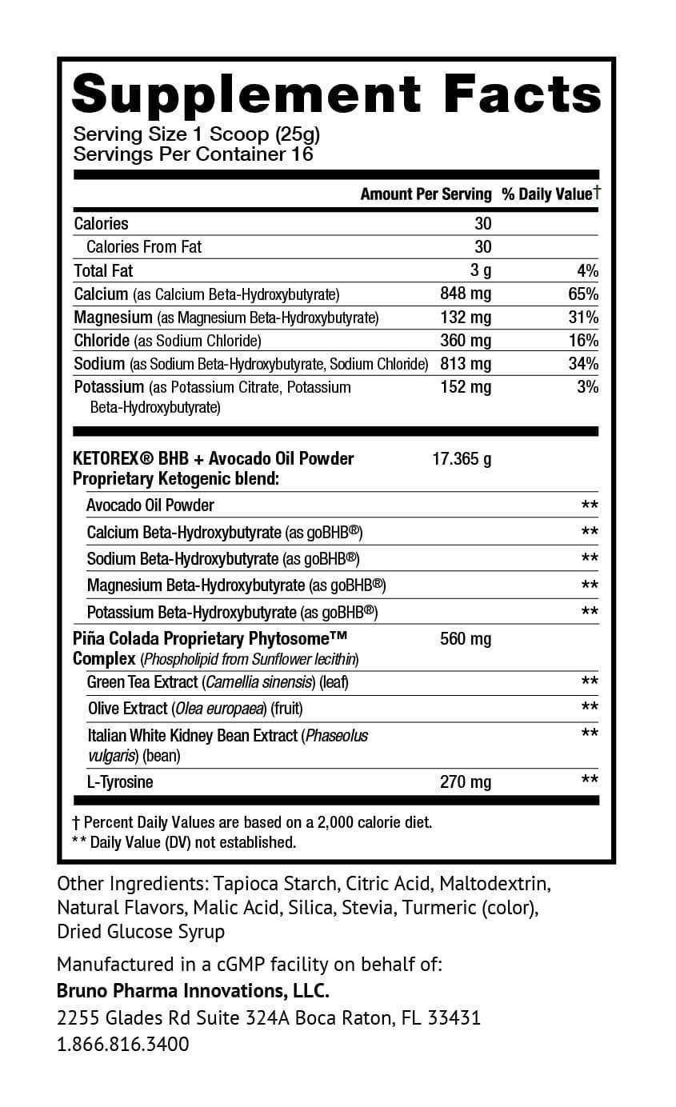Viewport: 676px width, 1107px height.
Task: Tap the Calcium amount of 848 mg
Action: (466, 294)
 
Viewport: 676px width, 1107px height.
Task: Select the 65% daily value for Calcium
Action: (583, 294)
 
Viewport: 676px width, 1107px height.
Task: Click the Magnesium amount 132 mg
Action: (466, 318)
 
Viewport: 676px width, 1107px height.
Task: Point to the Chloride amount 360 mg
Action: (466, 341)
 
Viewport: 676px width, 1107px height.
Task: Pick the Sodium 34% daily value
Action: (583, 364)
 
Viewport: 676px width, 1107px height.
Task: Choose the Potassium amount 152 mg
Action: (466, 387)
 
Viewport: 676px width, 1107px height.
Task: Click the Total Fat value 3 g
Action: (481, 270)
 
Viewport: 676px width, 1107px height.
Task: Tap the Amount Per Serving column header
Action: (426, 194)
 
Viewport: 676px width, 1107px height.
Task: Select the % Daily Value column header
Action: (550, 194)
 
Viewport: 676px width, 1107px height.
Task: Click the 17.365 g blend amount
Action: (462, 459)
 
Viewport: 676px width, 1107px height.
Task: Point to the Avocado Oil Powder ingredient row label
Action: (150, 506)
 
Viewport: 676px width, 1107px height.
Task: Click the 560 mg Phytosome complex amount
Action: (466, 639)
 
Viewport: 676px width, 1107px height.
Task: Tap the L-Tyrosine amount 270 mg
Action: (466, 782)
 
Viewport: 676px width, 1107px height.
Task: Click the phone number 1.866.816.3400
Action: (123, 1045)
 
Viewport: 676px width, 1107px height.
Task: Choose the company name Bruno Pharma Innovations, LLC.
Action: (193, 991)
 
